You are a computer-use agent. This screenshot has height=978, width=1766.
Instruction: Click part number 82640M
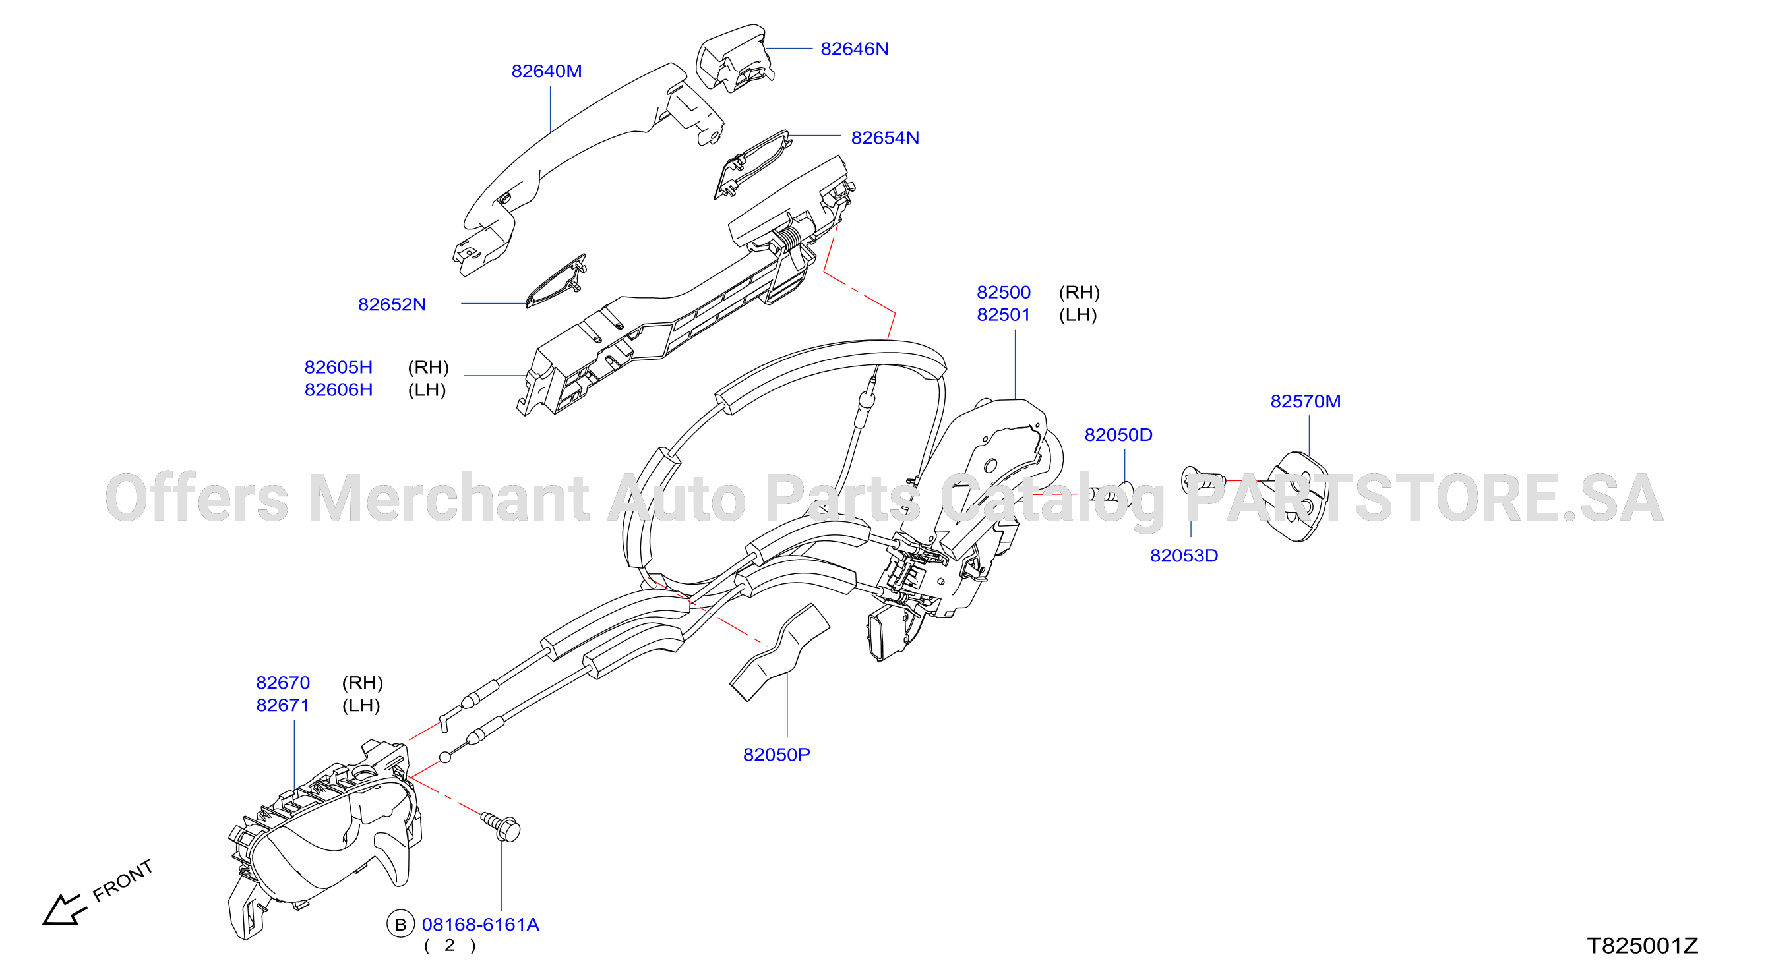tap(547, 71)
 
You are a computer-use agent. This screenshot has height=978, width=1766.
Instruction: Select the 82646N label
tap(854, 49)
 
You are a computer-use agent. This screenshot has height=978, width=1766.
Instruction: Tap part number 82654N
tap(884, 138)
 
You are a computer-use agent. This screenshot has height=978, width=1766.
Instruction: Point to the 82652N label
tap(392, 304)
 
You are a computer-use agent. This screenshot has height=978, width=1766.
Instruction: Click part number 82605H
tap(338, 367)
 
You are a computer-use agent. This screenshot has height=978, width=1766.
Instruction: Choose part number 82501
tap(1003, 315)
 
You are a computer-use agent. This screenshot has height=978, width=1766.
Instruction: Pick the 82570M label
tap(1304, 401)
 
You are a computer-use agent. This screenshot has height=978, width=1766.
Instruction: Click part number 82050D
tap(1118, 435)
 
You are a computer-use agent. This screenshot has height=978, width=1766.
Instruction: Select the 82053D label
tap(1183, 556)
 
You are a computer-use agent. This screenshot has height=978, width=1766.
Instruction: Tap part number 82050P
tap(776, 755)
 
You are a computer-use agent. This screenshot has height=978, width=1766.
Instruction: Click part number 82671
tap(282, 705)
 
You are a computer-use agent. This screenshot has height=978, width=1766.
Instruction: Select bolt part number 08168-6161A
tap(480, 925)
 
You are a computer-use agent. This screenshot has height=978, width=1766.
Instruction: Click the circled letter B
tap(400, 925)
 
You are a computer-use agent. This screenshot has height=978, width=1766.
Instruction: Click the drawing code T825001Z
tap(1643, 946)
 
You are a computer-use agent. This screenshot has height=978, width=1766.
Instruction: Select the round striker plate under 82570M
tap(1296, 496)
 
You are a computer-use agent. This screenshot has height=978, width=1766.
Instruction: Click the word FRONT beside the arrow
tap(122, 880)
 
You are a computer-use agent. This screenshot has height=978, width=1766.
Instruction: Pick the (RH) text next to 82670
tap(362, 683)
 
